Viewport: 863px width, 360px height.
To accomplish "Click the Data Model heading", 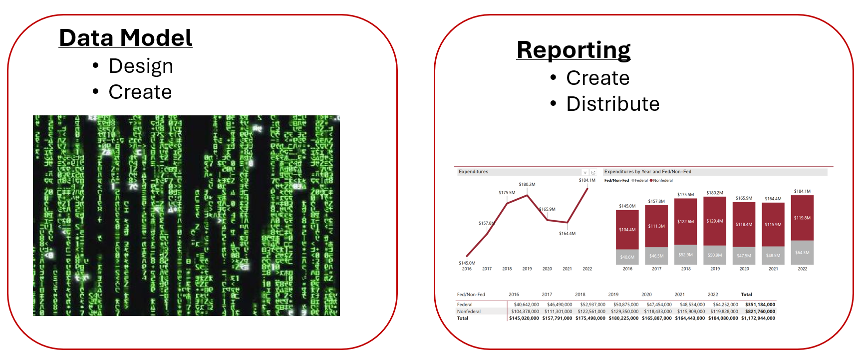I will pos(125,38).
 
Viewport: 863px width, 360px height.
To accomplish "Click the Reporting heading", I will pos(574,50).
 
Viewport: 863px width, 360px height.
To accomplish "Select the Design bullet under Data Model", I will pos(141,66).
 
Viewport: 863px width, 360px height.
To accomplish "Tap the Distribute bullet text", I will pos(612,104).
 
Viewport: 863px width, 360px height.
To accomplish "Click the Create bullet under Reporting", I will pos(597,78).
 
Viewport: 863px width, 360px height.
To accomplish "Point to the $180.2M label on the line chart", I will pos(527,184).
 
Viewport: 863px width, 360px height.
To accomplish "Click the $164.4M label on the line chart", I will pos(567,233).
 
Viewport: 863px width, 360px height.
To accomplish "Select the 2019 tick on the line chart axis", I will pos(527,269).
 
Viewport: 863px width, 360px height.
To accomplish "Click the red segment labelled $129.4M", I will pos(715,221).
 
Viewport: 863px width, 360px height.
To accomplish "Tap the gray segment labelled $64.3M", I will pos(802,253).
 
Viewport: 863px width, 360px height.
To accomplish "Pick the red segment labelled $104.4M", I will pos(627,230).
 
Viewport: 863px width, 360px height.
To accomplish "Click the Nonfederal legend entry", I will pos(662,180).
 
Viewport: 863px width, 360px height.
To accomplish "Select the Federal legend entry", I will pos(641,180).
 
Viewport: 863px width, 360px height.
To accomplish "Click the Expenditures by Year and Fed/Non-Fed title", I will pos(647,172).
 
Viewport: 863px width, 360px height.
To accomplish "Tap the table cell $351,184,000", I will pos(760,305).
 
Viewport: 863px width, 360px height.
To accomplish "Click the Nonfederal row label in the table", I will pos(469,312).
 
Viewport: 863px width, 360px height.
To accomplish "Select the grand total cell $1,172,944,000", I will pos(758,318).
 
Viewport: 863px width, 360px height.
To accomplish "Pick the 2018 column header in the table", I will pos(580,295).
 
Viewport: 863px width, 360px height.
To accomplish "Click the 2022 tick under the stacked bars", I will pos(802,269).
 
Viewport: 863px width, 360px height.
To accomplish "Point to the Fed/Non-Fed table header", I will pos(471,295).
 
